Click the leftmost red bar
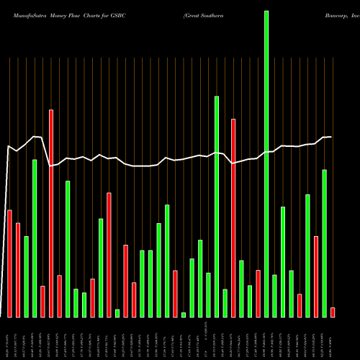[x=9, y=263]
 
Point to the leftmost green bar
[x=27, y=276]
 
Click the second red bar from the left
[x=18, y=270]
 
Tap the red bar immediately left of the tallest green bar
[x=258, y=293]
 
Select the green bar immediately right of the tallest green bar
[x=274, y=295]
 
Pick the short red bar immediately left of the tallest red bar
[x=42, y=301]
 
